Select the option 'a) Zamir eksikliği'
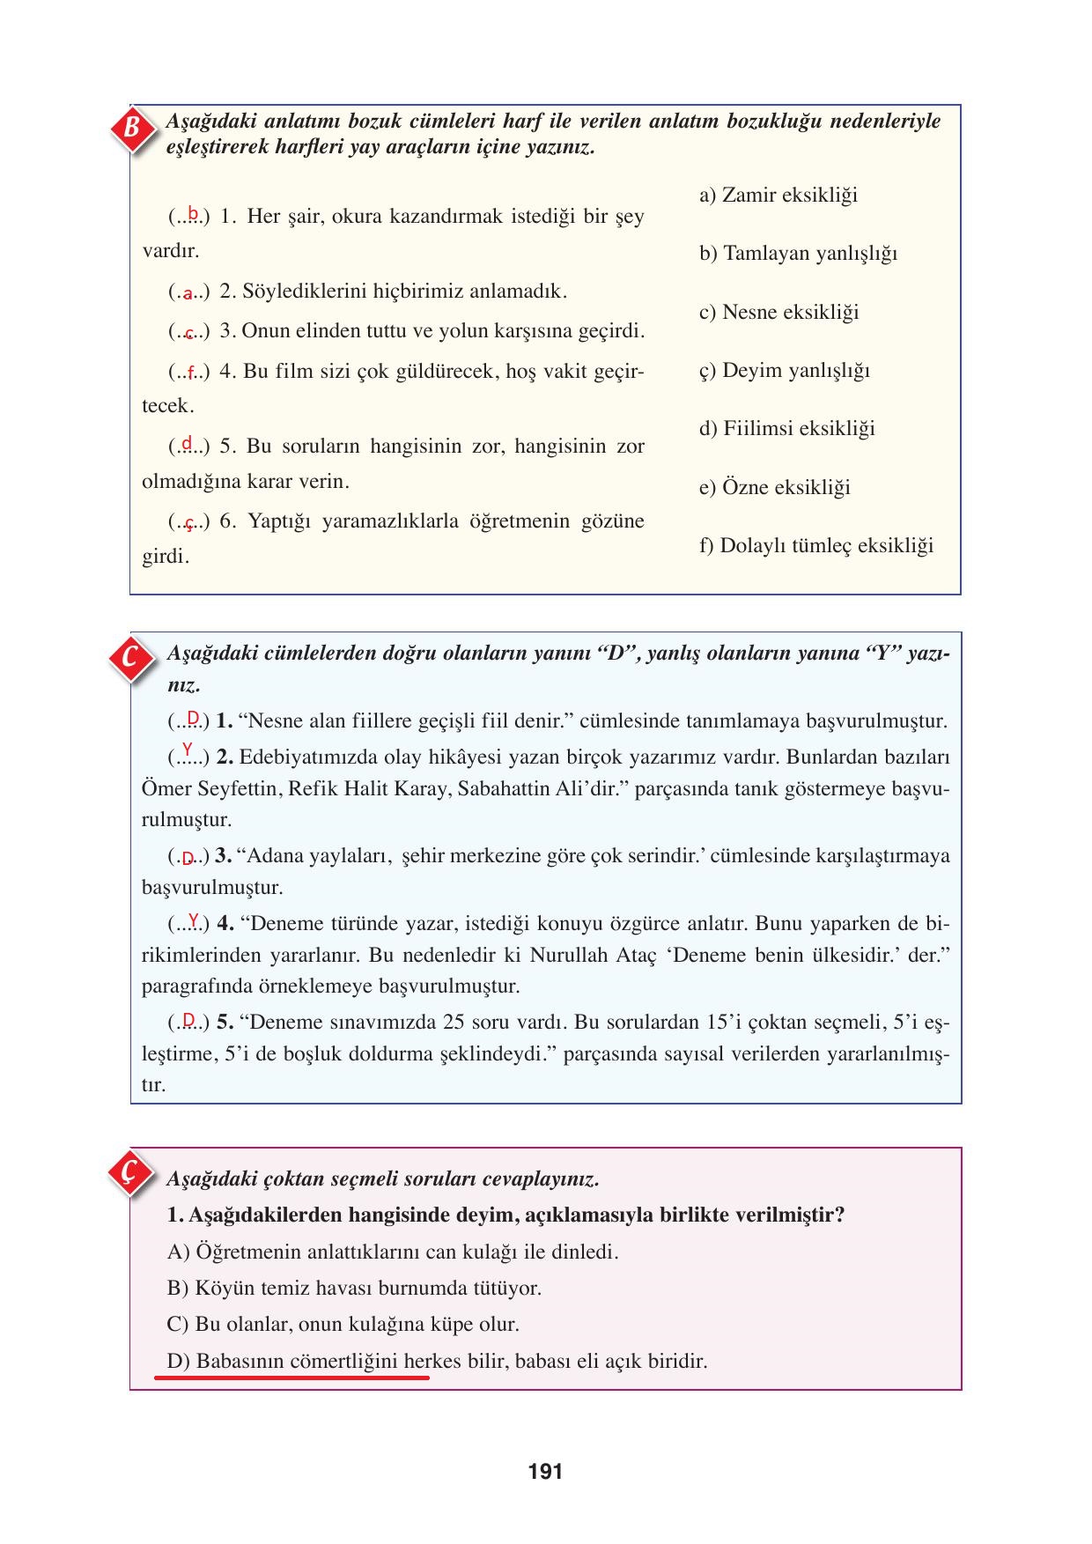point(778,196)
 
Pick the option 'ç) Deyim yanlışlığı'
point(784,371)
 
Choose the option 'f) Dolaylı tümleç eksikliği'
point(815,546)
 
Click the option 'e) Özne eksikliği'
point(774,488)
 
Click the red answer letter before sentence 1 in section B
point(192,212)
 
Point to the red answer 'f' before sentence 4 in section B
point(189,374)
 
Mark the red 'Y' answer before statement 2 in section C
point(187,750)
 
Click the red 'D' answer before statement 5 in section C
point(188,1021)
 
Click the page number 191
point(545,1472)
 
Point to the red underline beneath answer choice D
point(291,1377)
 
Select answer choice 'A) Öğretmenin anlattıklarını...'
point(392,1252)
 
